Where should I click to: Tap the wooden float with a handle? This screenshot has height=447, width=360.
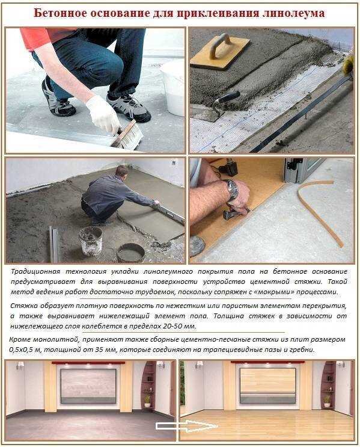(x=220, y=51)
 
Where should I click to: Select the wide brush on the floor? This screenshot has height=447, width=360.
(x=127, y=135)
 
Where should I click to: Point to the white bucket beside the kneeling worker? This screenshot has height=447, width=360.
(x=173, y=88)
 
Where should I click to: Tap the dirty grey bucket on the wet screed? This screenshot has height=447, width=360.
(x=91, y=240)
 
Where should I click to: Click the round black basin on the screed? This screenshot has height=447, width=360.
(x=131, y=253)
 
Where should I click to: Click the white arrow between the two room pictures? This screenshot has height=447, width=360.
(x=186, y=426)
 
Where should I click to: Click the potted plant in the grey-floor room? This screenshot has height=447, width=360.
(x=147, y=401)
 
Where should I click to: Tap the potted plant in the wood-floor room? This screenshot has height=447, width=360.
(x=328, y=401)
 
